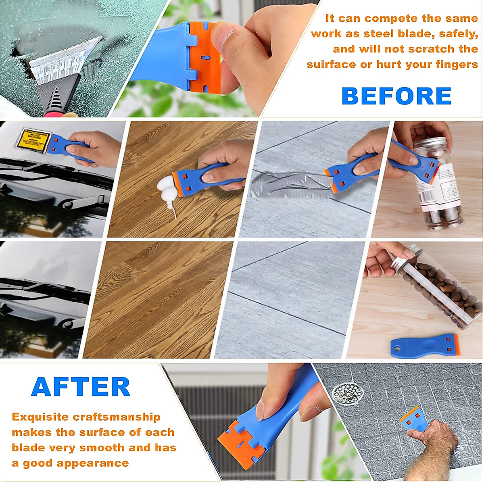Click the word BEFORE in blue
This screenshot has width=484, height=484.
pos(396,96)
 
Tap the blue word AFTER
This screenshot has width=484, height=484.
pos(81,387)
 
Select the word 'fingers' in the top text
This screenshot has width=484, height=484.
pos(457,65)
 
